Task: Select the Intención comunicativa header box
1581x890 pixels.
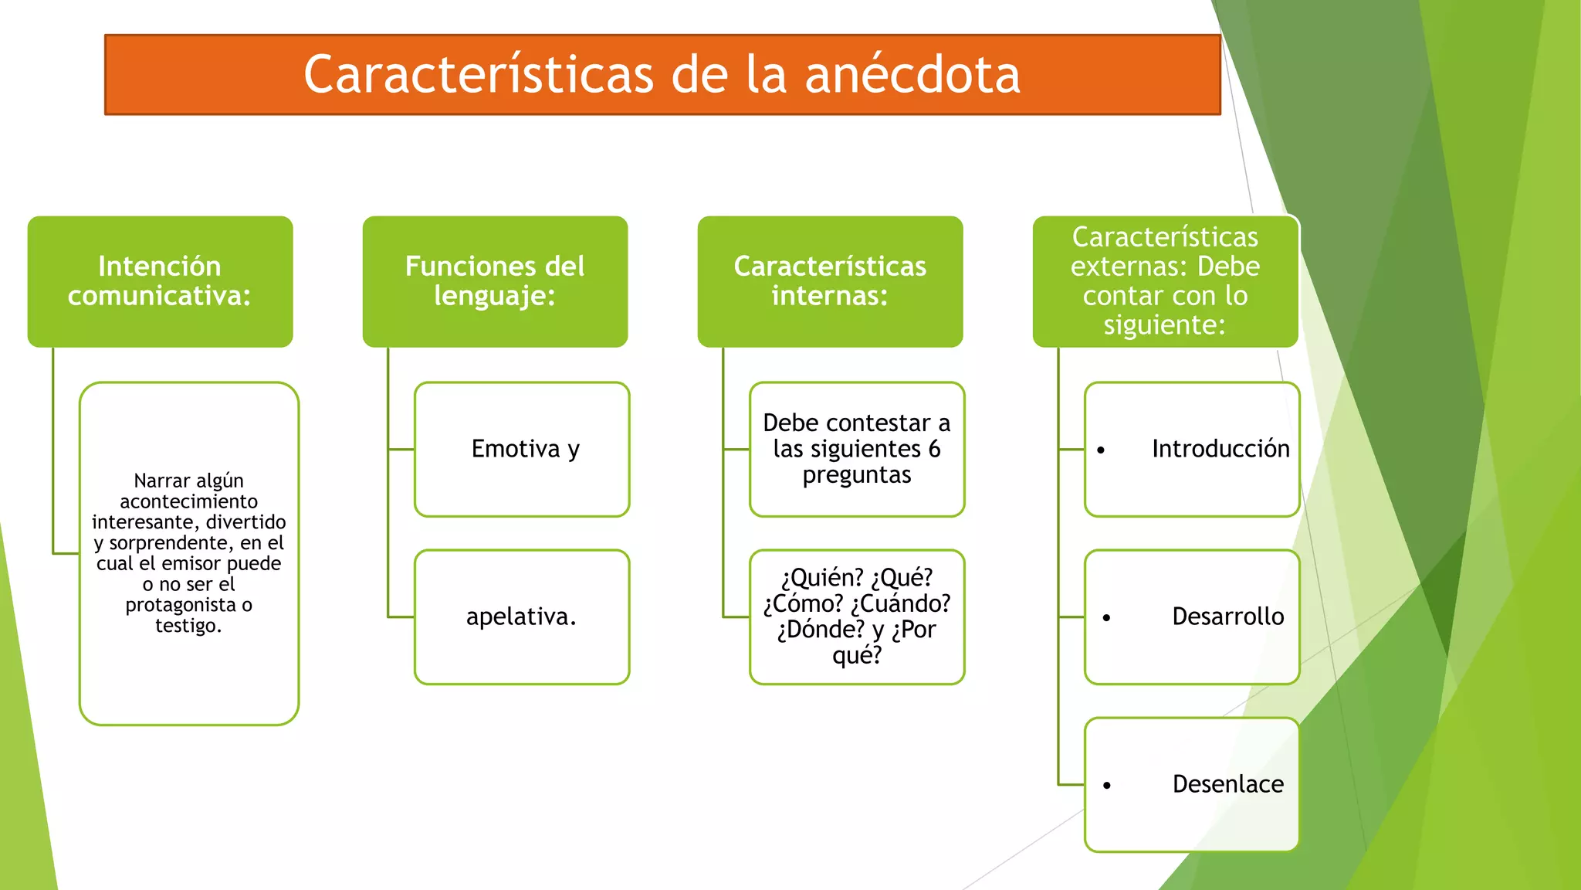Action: (x=160, y=281)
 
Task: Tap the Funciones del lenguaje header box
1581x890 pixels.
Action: (x=495, y=281)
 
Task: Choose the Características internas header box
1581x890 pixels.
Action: (x=830, y=281)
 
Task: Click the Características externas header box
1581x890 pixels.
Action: (x=1165, y=281)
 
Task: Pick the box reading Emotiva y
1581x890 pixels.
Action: (x=523, y=449)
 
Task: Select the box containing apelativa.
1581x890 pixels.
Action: (x=523, y=617)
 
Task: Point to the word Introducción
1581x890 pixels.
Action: (x=1220, y=449)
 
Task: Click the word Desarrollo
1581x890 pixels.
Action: (x=1227, y=617)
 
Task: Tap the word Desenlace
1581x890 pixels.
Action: (x=1227, y=784)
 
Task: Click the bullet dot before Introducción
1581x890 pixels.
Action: (x=1101, y=450)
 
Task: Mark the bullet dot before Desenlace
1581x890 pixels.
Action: (x=1107, y=786)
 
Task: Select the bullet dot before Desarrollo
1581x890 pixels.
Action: (x=1107, y=618)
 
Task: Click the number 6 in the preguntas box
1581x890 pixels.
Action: (x=934, y=449)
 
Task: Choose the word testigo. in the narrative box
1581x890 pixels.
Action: (x=188, y=625)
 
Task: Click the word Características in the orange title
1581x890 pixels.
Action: (x=479, y=76)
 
